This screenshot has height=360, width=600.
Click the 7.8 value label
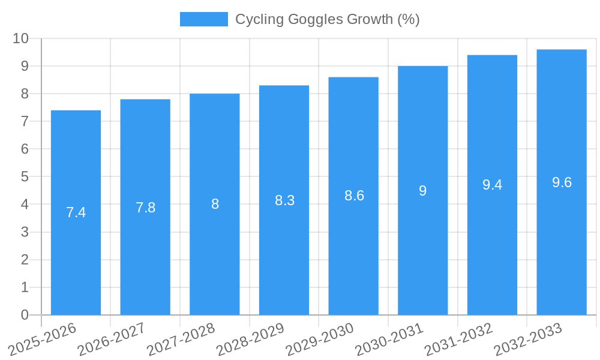point(145,208)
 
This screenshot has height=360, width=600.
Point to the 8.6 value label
point(354,196)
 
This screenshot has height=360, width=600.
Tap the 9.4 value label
point(492,185)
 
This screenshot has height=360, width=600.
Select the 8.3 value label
point(284,200)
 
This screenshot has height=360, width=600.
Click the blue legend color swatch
point(204,19)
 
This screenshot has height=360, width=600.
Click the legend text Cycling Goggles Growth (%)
point(327,19)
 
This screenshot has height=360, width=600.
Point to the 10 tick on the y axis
point(20,38)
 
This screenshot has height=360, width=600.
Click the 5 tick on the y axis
point(25,177)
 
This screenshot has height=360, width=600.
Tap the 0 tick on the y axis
point(25,315)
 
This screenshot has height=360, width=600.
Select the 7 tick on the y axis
point(25,121)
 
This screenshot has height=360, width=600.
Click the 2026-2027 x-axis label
point(112,339)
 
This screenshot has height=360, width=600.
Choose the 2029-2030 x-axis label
point(320,339)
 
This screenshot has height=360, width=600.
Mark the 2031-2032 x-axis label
point(459,339)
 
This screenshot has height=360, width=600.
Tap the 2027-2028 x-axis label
point(181,339)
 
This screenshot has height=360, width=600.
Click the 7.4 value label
point(76,212)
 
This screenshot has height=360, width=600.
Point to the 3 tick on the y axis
point(25,232)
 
